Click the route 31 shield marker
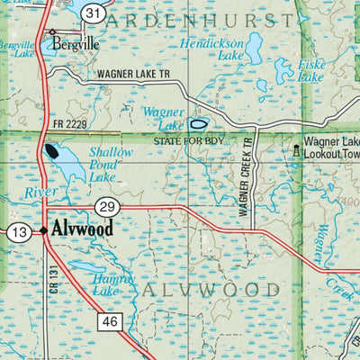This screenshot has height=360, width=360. [93, 13]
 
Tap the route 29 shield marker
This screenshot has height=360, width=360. [106, 206]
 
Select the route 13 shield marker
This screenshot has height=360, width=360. [20, 232]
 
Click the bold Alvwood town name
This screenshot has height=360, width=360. [83, 229]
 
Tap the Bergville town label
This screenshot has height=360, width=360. [74, 41]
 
